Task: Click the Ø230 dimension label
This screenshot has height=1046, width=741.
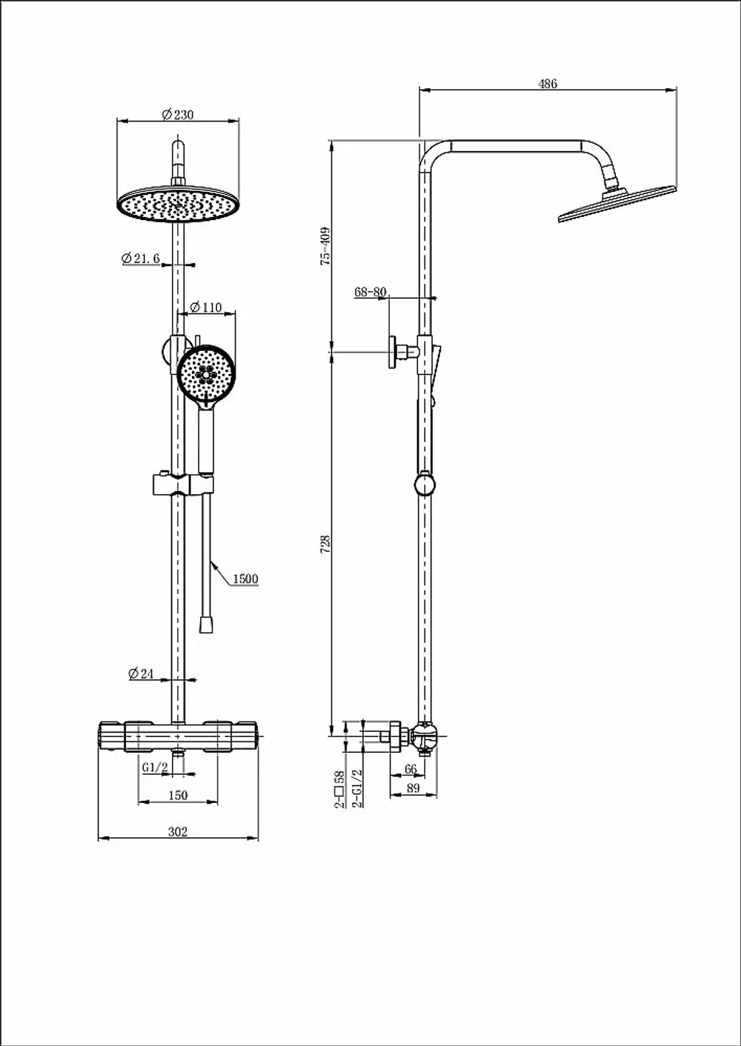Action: [x=178, y=114]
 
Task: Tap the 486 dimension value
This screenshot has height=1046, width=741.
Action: [x=548, y=84]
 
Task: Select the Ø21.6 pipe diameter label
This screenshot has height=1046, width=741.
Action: [x=141, y=258]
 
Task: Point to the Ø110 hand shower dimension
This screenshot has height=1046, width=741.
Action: [x=206, y=307]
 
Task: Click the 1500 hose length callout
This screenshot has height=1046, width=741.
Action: [x=245, y=579]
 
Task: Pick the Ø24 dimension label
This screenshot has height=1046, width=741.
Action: [x=141, y=673]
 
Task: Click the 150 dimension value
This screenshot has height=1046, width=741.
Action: [x=178, y=795]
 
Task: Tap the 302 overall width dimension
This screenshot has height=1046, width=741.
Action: [x=178, y=832]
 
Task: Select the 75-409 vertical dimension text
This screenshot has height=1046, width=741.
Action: [x=325, y=247]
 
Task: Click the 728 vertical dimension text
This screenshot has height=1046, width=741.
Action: [x=325, y=544]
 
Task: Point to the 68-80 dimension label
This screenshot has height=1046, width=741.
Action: [x=370, y=292]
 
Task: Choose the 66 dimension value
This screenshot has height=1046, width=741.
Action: [x=411, y=769]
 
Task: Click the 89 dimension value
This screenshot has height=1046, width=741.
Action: [x=413, y=788]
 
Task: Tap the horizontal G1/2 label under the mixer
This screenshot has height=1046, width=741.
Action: [x=155, y=767]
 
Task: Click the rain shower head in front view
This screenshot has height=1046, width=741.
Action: [x=178, y=204]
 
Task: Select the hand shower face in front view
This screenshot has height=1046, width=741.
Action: [x=206, y=373]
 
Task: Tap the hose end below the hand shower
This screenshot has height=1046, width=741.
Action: [x=206, y=624]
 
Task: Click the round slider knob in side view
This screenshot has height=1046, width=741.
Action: [x=425, y=485]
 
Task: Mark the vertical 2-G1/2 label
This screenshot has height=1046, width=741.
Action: [x=357, y=789]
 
